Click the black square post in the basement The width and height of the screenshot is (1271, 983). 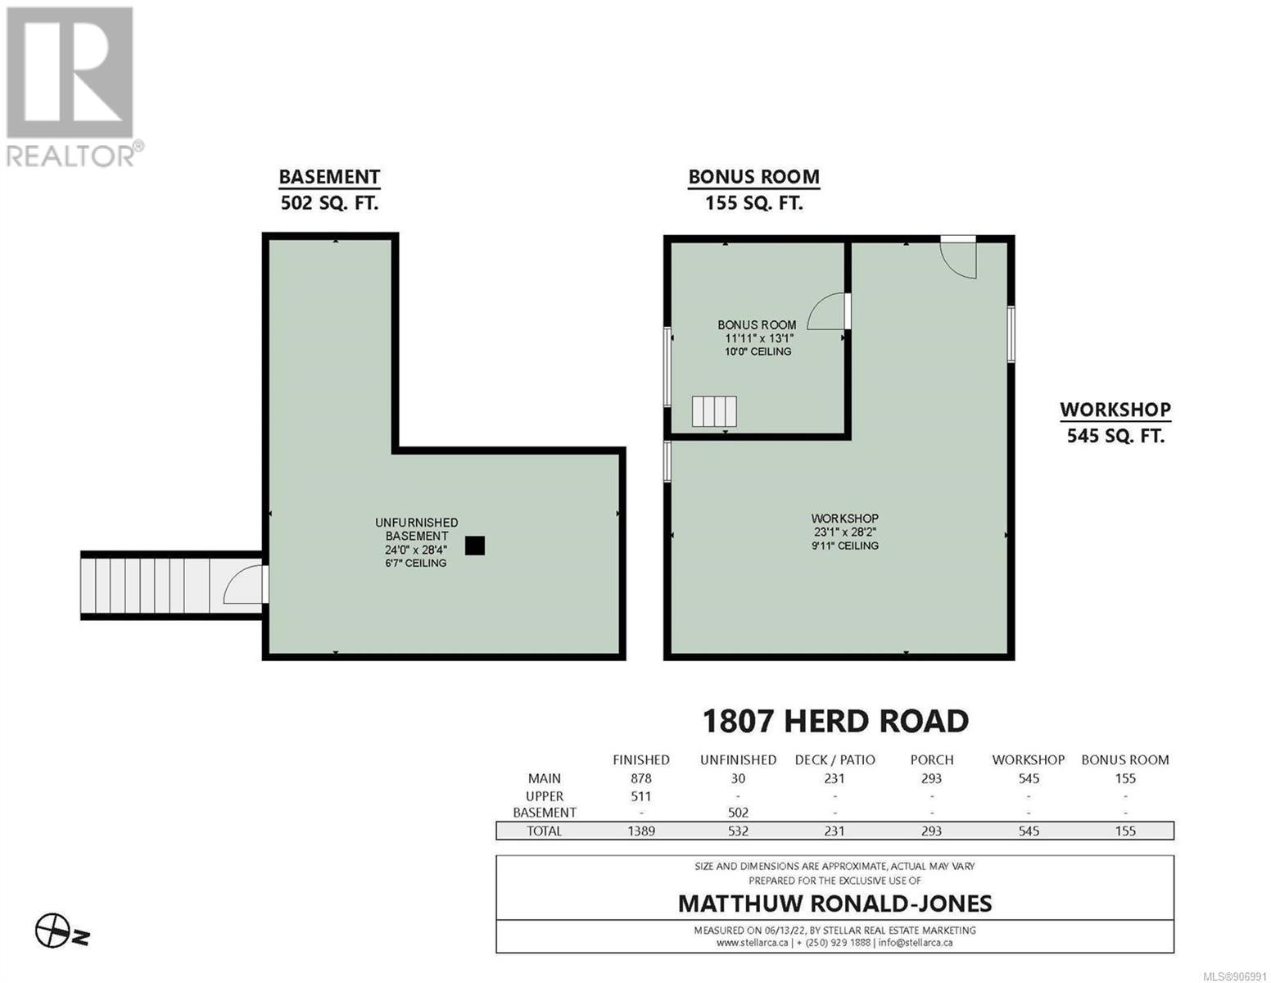pyautogui.click(x=474, y=545)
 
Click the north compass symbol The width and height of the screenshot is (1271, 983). pyautogui.click(x=61, y=931)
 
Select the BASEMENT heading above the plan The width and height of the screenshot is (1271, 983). pyautogui.click(x=329, y=177)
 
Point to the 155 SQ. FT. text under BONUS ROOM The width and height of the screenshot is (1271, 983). pyautogui.click(x=753, y=203)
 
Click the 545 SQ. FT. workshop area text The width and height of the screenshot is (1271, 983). pyautogui.click(x=1115, y=436)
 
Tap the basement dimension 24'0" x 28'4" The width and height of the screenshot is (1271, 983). pyautogui.click(x=416, y=550)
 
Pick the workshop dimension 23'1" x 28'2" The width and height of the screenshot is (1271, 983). pyautogui.click(x=844, y=532)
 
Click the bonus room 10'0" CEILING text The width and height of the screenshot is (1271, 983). pyautogui.click(x=758, y=351)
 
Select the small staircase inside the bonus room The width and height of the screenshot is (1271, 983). pyautogui.click(x=713, y=411)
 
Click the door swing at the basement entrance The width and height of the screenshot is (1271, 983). pyautogui.click(x=243, y=583)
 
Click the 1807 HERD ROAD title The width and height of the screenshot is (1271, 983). pyautogui.click(x=835, y=721)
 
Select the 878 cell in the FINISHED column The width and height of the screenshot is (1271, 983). pyautogui.click(x=641, y=778)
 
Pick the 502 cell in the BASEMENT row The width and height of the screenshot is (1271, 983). pyautogui.click(x=738, y=813)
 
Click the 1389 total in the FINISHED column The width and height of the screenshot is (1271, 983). pyautogui.click(x=641, y=831)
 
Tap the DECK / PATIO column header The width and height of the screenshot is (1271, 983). pyautogui.click(x=835, y=759)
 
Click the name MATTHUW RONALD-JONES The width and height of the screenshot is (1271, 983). pyautogui.click(x=835, y=904)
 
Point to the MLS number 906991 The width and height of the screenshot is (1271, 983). pyautogui.click(x=1237, y=976)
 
